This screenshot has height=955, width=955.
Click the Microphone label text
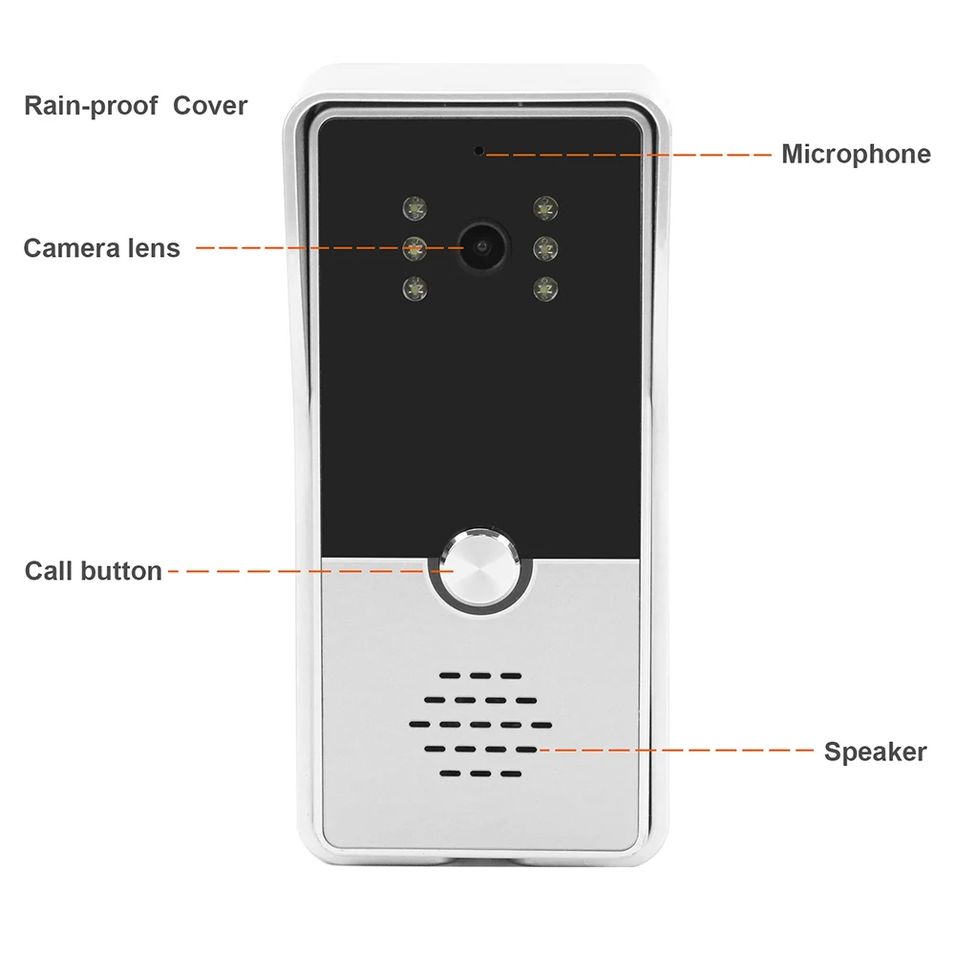(855, 154)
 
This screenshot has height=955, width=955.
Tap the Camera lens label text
(101, 248)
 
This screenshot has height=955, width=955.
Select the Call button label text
(93, 571)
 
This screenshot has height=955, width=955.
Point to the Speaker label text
(875, 752)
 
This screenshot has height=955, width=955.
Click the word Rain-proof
(91, 105)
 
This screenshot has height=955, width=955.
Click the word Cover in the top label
(209, 105)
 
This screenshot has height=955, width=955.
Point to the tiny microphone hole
(478, 151)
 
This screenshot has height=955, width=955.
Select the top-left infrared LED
(414, 206)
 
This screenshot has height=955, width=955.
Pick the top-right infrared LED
(544, 206)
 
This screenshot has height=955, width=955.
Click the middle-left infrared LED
(414, 249)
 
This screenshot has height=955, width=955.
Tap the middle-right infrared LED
(544, 248)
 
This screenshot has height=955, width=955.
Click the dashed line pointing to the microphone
(630, 153)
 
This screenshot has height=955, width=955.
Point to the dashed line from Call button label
(296, 571)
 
